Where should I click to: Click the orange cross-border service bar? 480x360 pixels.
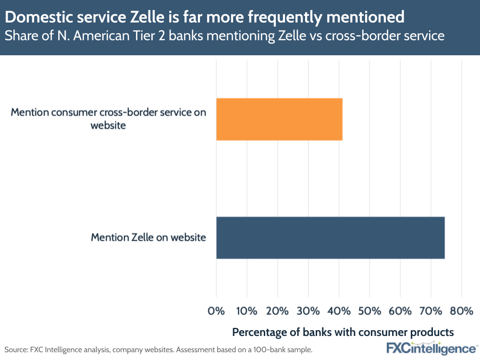pyautogui.click(x=279, y=119)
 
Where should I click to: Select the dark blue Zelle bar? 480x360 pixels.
pyautogui.click(x=330, y=237)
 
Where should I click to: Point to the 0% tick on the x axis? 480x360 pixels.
pyautogui.click(x=216, y=311)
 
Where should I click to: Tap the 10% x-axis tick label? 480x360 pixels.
pyautogui.click(x=246, y=311)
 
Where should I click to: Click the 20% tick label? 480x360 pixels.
pyautogui.click(x=277, y=311)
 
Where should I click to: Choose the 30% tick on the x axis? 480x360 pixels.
pyautogui.click(x=308, y=311)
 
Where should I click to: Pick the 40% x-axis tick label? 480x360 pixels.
pyautogui.click(x=339, y=311)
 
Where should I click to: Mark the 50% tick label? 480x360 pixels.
pyautogui.click(x=369, y=311)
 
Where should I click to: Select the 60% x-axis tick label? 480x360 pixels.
pyautogui.click(x=400, y=311)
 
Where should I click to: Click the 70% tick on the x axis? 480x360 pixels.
pyautogui.click(x=431, y=311)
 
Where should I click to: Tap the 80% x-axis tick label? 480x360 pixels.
pyautogui.click(x=461, y=311)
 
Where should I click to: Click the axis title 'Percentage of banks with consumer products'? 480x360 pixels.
pyautogui.click(x=343, y=332)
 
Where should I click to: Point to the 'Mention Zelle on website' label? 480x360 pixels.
pyautogui.click(x=148, y=237)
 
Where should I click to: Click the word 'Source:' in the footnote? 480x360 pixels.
pyautogui.click(x=15, y=349)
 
